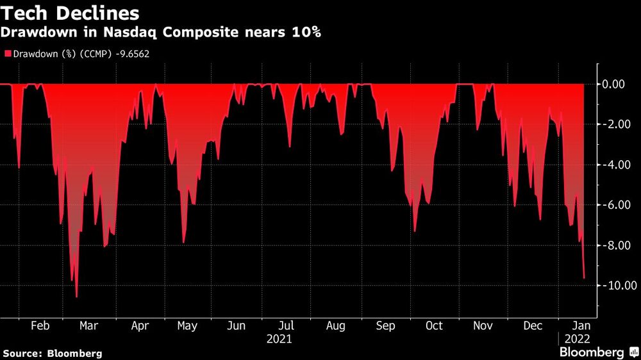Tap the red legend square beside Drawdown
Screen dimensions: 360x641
(x=7, y=54)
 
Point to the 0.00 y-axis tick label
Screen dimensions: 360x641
(x=617, y=84)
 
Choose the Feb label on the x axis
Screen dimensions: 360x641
(x=40, y=325)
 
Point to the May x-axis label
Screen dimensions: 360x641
(x=187, y=325)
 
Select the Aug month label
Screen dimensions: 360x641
(x=336, y=325)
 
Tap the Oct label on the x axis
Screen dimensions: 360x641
(x=434, y=325)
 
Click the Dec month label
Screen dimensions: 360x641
(x=533, y=325)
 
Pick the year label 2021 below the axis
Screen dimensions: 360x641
(x=279, y=338)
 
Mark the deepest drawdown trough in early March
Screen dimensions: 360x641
(x=77, y=297)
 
